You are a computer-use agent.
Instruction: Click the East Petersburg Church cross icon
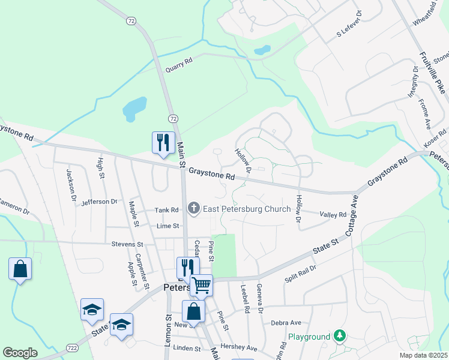pyautogui.click(x=193, y=209)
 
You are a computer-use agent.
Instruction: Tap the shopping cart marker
pyautogui.click(x=202, y=285)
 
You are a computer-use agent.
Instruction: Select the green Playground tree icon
pyautogui.click(x=340, y=336)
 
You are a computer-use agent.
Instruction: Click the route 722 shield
pyautogui.click(x=72, y=348)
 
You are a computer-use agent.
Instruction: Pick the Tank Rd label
pyautogui.click(x=167, y=210)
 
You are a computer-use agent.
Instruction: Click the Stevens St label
pyautogui.click(x=127, y=245)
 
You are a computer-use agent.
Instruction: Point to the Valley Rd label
pyautogui.click(x=333, y=215)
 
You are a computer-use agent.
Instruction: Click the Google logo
pyautogui.click(x=20, y=353)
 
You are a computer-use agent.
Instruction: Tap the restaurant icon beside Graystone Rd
pyautogui.click(x=163, y=143)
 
